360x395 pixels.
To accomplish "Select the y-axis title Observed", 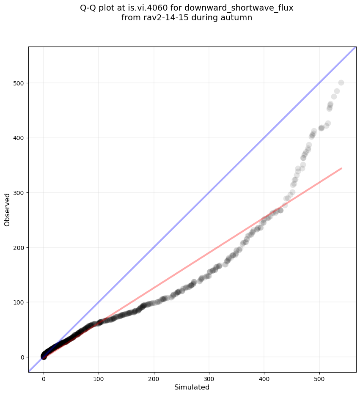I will pos(7,210).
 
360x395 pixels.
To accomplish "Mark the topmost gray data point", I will pos(341,82).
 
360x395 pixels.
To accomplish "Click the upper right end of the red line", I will pos(341,168).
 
